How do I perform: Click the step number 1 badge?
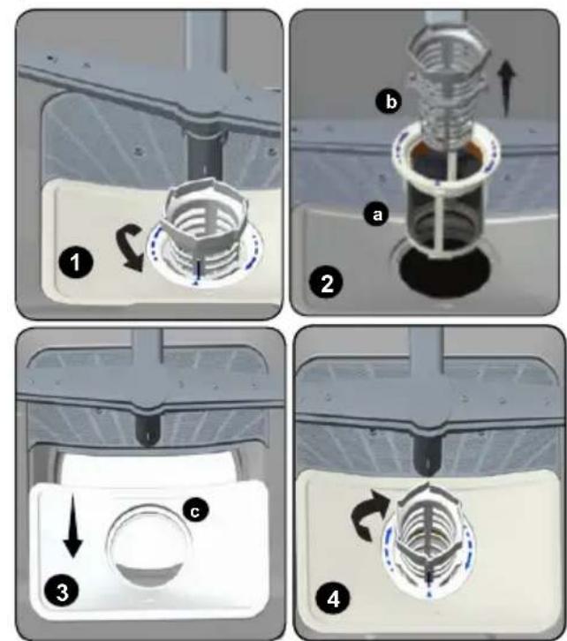click(77, 262)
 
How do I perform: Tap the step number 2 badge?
click(327, 283)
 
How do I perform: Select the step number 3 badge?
click(62, 592)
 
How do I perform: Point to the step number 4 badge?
click(333, 600)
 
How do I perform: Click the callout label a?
click(377, 215)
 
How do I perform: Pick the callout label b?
click(389, 101)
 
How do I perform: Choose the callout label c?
click(195, 510)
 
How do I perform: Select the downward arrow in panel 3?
click(73, 525)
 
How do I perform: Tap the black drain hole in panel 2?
click(445, 271)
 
